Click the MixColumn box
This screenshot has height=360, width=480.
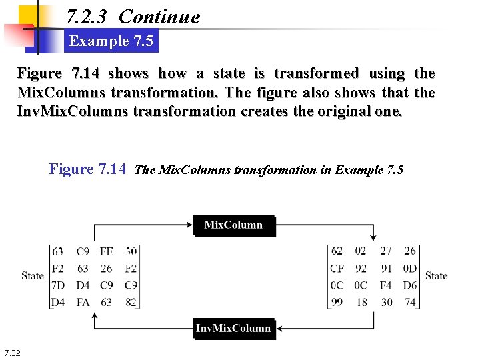[x=233, y=225]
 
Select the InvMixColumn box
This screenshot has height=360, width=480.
[x=233, y=329]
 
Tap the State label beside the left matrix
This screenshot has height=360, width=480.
[x=32, y=276]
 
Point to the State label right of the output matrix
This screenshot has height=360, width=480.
[x=436, y=276]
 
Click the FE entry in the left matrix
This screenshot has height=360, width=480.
[x=106, y=251]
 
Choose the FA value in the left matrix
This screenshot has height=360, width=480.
[x=83, y=302]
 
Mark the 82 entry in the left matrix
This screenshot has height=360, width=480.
[x=130, y=302]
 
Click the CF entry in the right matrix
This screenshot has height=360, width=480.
[x=337, y=269]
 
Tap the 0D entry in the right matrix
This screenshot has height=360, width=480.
[x=409, y=269]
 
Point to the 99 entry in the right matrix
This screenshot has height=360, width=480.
[x=337, y=302]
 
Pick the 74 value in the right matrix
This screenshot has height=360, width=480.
[x=409, y=302]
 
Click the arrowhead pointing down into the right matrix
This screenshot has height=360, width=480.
[x=373, y=238]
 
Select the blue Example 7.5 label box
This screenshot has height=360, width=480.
[x=111, y=41]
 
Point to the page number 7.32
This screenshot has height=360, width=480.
[x=12, y=353]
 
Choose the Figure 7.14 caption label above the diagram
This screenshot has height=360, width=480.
[x=88, y=169]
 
